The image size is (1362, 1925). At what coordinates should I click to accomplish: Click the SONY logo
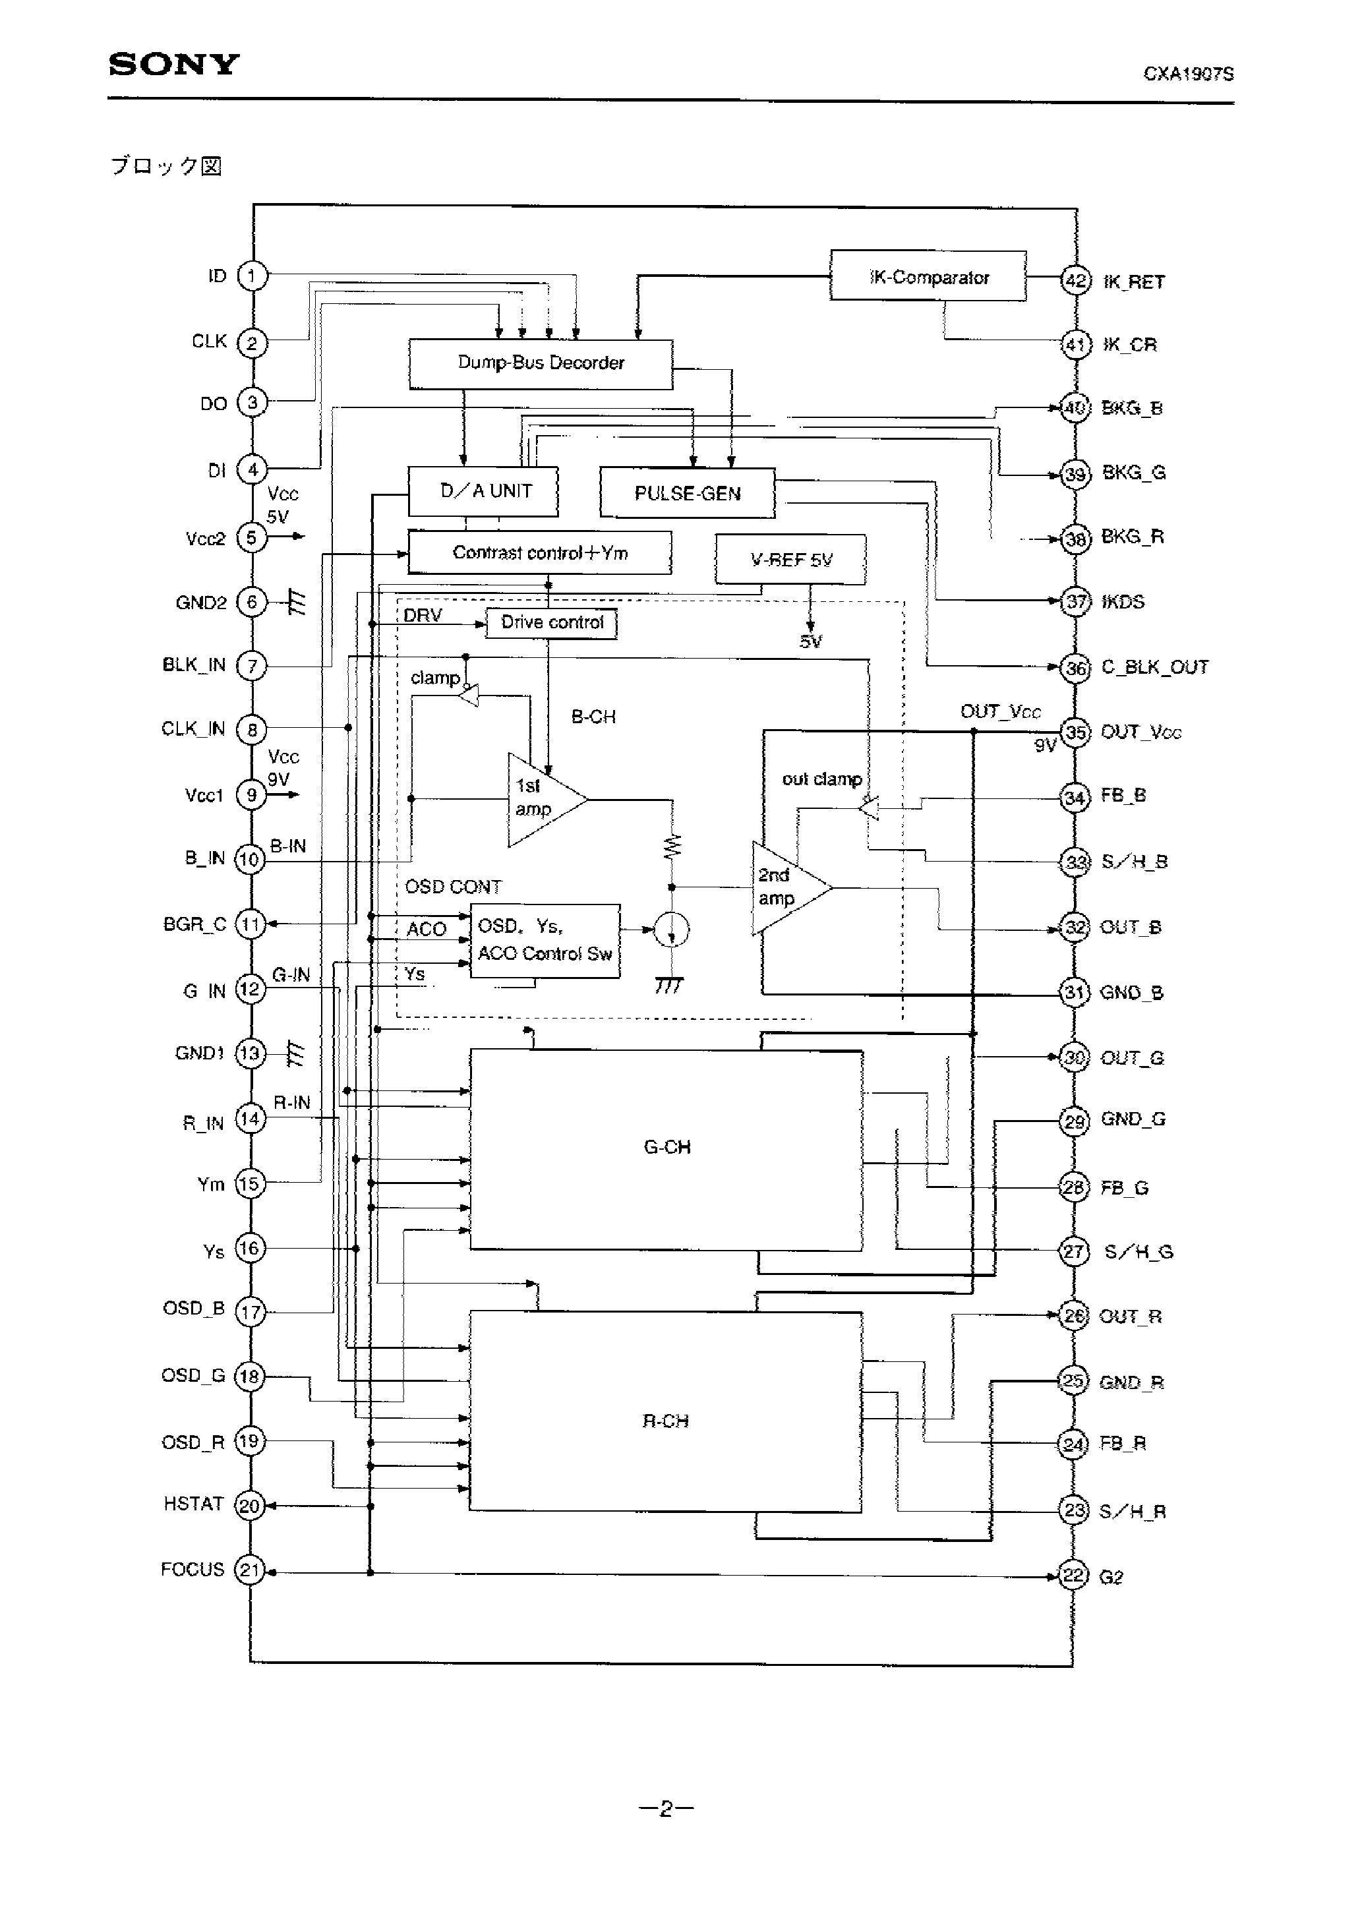pyautogui.click(x=173, y=65)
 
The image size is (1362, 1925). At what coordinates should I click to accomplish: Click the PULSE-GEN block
pyautogui.click(x=687, y=493)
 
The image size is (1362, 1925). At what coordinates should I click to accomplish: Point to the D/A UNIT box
pyautogui.click(x=483, y=491)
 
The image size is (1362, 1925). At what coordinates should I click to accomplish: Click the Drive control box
pyautogui.click(x=551, y=623)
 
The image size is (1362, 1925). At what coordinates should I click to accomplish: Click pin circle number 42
pyautogui.click(x=1075, y=280)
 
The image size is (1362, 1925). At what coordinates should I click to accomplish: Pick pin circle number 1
pyautogui.click(x=252, y=275)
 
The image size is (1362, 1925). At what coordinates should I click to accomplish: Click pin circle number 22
pyautogui.click(x=1073, y=1576)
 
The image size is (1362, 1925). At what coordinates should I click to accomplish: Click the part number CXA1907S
pyautogui.click(x=1189, y=74)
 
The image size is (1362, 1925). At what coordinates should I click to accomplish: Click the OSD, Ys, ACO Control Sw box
pyautogui.click(x=545, y=941)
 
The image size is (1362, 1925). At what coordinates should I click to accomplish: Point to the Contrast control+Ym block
pyautogui.click(x=539, y=552)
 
